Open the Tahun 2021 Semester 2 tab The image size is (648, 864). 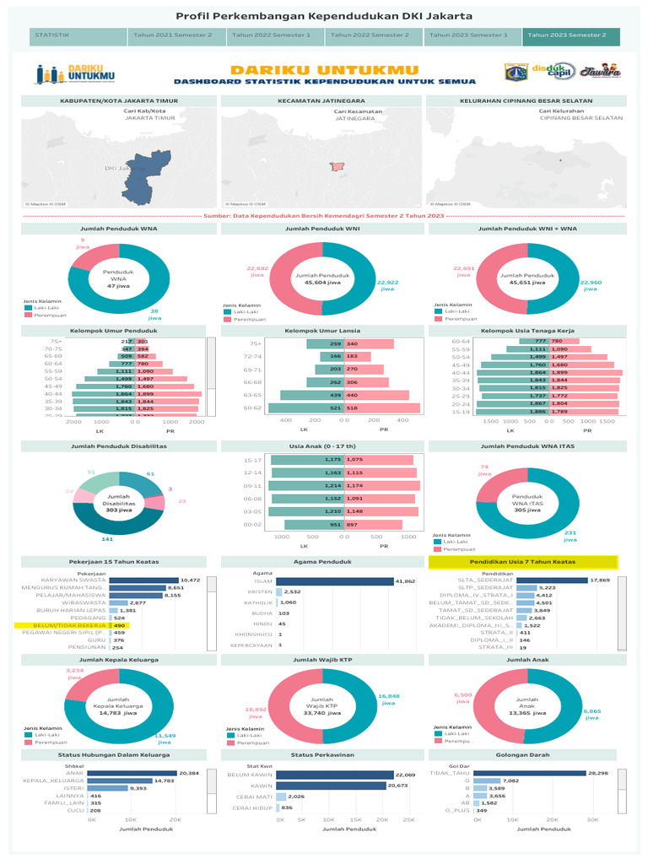click(x=176, y=36)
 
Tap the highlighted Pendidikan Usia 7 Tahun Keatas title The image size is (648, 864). click(x=523, y=561)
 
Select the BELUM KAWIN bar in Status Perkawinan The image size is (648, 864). click(x=334, y=774)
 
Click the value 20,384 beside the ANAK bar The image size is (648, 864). click(x=189, y=772)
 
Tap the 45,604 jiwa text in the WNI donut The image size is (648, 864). click(x=325, y=284)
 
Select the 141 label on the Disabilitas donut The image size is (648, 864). click(x=107, y=537)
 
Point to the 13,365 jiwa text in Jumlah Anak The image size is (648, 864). click(x=526, y=712)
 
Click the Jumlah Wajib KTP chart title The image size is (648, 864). click(x=324, y=659)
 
